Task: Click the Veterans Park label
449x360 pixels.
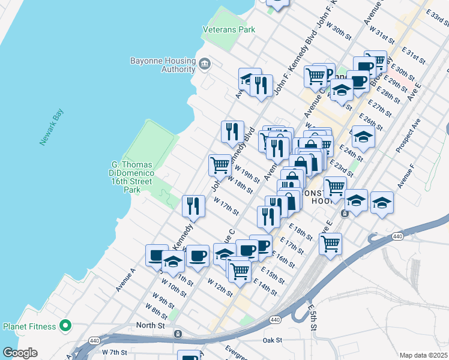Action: (x=229, y=29)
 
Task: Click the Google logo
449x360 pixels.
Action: (x=20, y=353)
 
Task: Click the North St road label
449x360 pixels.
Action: (x=150, y=325)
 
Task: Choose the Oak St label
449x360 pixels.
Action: (x=272, y=340)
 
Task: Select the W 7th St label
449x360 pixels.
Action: (x=113, y=352)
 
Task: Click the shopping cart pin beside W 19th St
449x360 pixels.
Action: (x=220, y=165)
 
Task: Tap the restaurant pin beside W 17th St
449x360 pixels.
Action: (x=193, y=206)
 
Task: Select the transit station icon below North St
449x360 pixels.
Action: (x=178, y=334)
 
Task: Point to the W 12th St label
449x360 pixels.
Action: (x=220, y=287)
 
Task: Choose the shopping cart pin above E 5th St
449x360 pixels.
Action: (x=330, y=244)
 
